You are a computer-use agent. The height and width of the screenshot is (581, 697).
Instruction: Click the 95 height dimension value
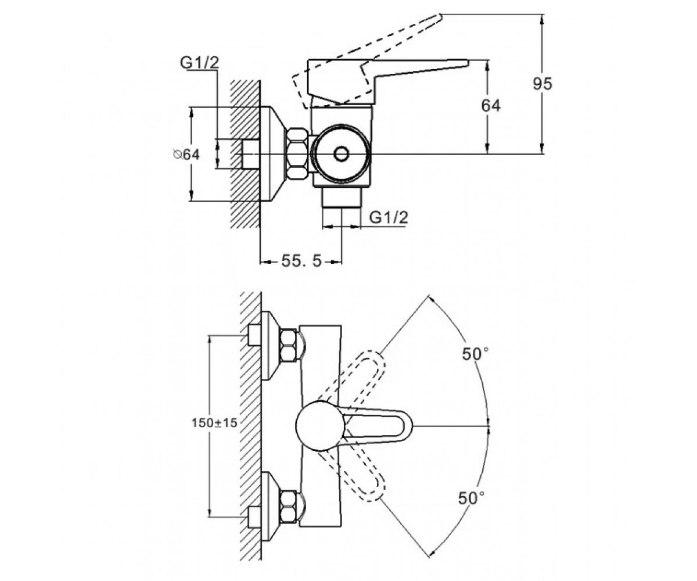542,84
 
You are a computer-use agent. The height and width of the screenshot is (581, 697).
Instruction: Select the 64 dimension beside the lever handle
491,106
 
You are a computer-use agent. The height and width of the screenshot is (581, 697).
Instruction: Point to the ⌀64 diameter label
187,155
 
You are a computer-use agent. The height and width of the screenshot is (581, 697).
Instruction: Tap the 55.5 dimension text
301,261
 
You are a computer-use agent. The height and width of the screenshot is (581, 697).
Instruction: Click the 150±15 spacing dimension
214,423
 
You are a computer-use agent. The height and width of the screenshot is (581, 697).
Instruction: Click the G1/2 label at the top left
199,63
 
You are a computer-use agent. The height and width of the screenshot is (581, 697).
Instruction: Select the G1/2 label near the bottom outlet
389,217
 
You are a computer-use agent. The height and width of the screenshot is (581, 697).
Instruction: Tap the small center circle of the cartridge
341,154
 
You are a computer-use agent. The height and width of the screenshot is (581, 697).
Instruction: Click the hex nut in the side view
297,154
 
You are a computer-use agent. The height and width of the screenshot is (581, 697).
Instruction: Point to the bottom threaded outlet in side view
342,198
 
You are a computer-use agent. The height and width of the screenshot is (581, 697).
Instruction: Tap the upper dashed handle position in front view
354,377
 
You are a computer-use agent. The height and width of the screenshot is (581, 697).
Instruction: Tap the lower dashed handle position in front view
354,474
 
